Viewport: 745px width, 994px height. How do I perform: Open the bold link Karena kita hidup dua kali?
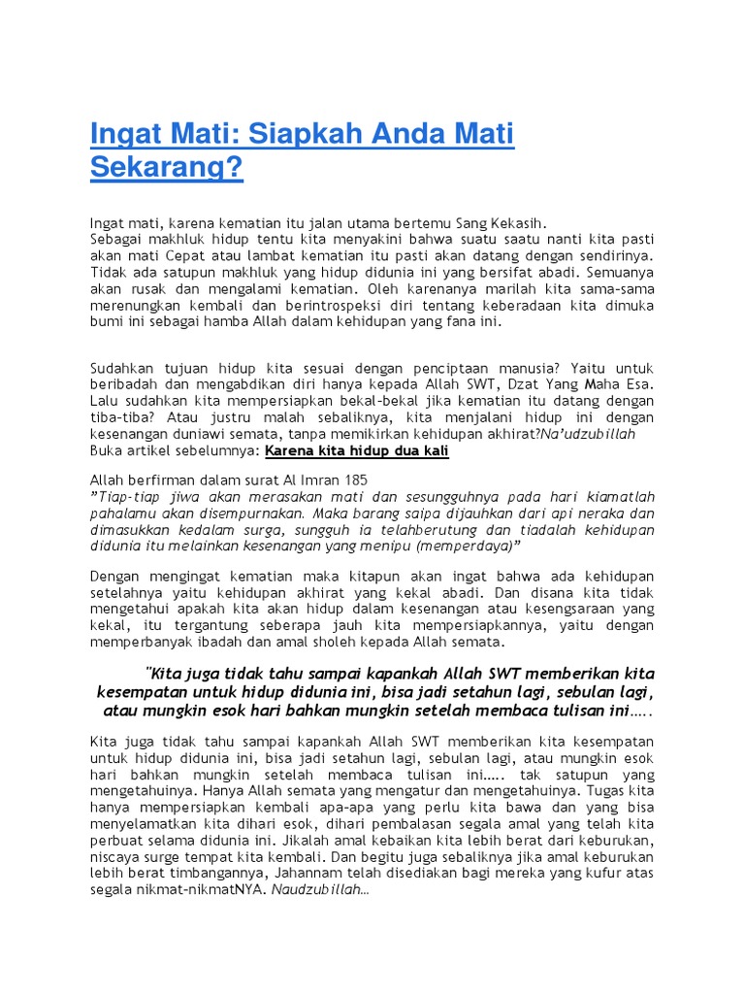(x=357, y=451)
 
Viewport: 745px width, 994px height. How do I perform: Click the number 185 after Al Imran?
(x=354, y=480)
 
